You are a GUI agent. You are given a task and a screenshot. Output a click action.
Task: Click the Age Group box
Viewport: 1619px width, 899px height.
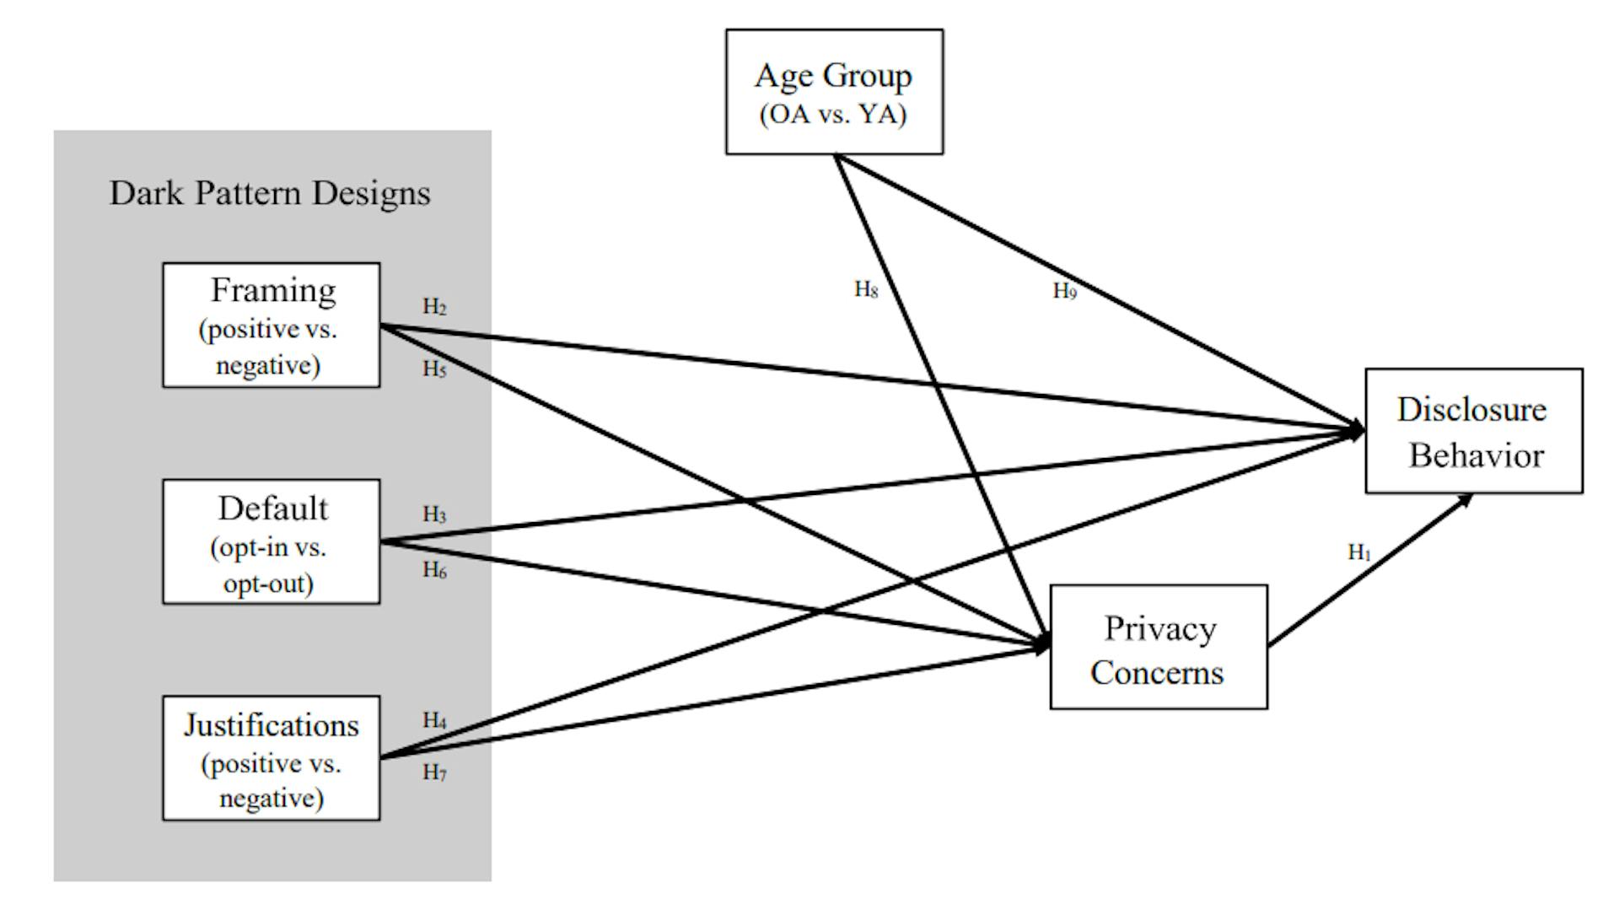[834, 91]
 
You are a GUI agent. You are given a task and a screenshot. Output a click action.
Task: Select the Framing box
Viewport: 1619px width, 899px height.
[271, 325]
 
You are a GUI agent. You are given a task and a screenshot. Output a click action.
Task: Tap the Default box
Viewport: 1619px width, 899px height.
[271, 541]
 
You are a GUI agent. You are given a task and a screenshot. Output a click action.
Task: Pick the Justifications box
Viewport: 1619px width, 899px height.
[271, 757]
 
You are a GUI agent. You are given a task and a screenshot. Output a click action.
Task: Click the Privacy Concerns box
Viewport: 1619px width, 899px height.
[1158, 647]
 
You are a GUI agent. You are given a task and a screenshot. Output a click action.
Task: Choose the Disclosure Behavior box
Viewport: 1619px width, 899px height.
[1473, 431]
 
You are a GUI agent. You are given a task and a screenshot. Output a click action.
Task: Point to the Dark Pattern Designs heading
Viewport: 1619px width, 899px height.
[270, 193]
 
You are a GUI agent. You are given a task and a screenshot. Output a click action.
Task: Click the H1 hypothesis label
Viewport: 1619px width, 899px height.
[1359, 552]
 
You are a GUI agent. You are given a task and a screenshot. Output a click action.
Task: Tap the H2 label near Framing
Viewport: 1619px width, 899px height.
[434, 307]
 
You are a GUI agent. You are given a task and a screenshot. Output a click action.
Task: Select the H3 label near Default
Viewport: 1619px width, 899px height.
[434, 514]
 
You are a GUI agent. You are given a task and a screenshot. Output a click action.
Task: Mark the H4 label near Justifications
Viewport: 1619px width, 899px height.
[434, 720]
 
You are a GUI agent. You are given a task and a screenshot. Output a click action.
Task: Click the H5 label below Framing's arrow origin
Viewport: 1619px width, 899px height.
[434, 369]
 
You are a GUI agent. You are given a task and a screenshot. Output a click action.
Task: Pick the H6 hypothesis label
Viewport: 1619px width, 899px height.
[434, 571]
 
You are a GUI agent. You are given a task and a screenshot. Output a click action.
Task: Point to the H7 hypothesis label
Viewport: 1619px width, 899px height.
[434, 772]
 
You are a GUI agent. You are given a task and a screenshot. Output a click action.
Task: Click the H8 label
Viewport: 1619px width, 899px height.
[866, 290]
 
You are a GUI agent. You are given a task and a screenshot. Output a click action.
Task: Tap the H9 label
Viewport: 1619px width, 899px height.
[1064, 292]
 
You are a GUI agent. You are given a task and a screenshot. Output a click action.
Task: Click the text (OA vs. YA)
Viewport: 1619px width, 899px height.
[833, 115]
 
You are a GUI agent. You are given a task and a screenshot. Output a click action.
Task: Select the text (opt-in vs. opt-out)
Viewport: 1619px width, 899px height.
[269, 565]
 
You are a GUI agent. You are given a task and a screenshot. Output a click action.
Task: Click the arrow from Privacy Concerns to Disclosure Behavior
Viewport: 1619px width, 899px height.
[1369, 571]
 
